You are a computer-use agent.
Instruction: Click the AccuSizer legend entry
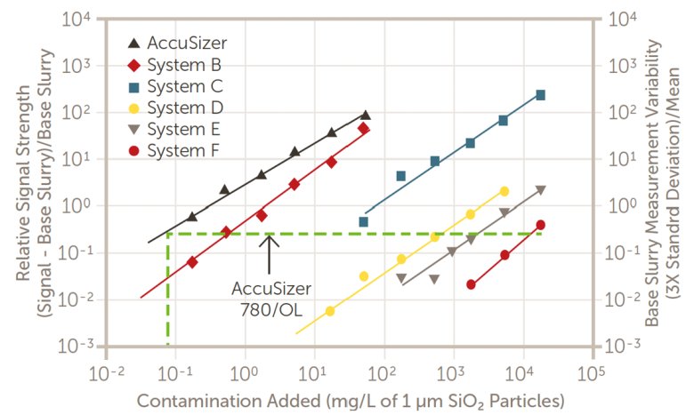click(174, 43)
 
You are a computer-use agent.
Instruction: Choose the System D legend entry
click(174, 108)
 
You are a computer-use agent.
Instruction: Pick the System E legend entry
click(173, 129)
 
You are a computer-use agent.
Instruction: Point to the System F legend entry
click(173, 150)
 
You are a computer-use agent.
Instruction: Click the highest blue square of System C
click(540, 95)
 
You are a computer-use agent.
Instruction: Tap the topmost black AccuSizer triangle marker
click(365, 116)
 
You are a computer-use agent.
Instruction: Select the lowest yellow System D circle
click(330, 311)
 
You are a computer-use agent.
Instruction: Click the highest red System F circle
click(540, 225)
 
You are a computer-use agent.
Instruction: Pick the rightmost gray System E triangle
click(540, 190)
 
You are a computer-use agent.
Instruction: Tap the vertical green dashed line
click(167, 293)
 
